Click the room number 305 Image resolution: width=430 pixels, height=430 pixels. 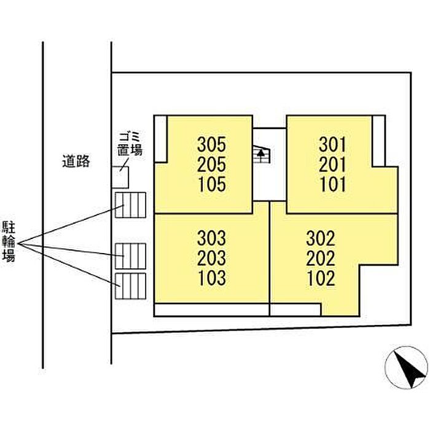212,144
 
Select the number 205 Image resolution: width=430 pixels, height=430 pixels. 212,164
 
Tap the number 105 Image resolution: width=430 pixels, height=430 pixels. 212,184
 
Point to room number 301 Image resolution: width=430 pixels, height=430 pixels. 333,144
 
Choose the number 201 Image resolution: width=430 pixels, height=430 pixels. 333,164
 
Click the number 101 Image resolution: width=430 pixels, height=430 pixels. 333,184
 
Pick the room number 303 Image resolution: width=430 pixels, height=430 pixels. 212,238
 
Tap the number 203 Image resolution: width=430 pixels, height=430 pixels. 212,257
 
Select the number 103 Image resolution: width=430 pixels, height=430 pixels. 212,278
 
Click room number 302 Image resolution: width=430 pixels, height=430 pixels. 321,238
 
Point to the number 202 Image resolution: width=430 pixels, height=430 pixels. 321,257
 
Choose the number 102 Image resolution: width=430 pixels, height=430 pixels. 321,278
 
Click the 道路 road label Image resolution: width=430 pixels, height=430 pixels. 76,162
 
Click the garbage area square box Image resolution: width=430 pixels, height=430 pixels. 120,177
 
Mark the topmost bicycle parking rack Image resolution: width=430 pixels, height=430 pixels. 130,205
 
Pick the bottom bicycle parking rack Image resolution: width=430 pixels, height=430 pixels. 130,286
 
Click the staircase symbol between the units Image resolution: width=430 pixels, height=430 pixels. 262,154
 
